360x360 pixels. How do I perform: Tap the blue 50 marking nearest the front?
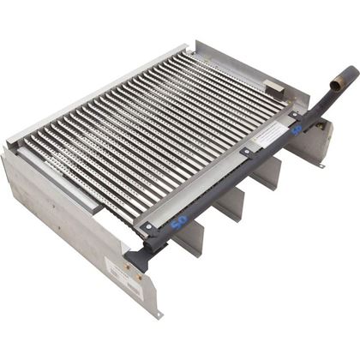tap(179, 222)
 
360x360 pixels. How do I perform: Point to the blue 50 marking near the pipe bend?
tap(297, 130)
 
